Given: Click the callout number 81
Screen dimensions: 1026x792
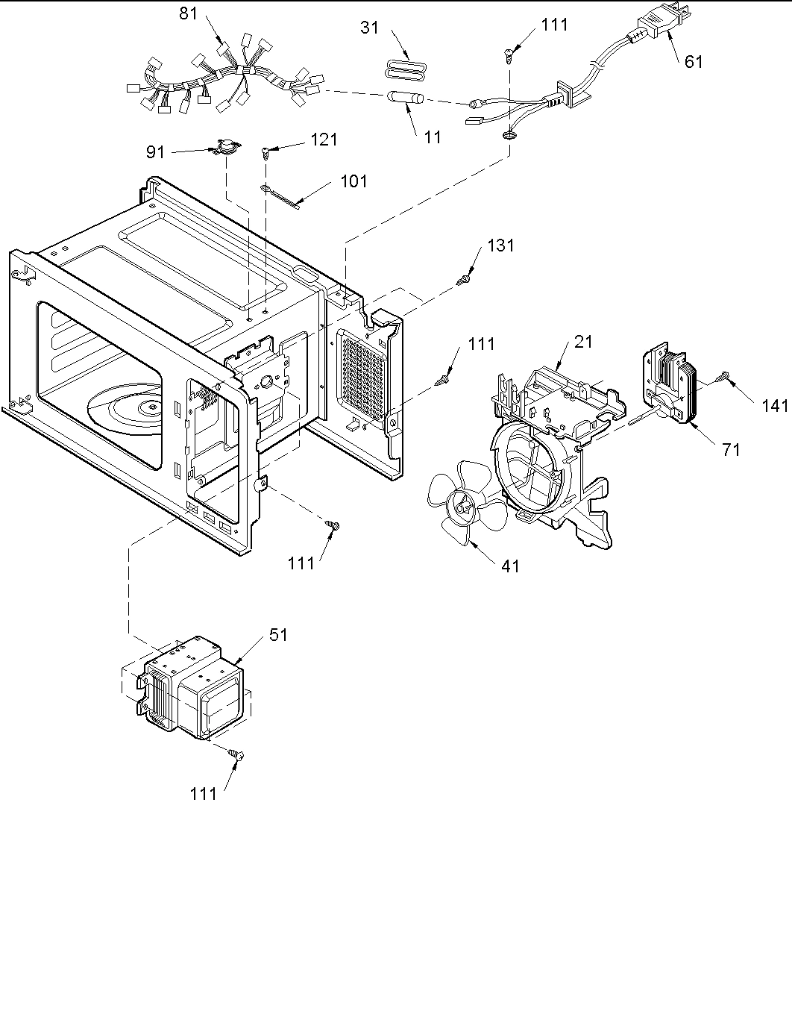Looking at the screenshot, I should [189, 13].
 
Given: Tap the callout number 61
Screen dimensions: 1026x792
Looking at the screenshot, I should [693, 61].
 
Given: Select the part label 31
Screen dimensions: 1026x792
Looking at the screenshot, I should [369, 28].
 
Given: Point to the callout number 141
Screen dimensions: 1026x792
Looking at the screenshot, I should [775, 405].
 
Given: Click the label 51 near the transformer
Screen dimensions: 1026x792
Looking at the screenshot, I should [277, 634].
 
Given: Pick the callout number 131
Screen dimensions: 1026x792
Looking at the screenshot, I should [500, 245].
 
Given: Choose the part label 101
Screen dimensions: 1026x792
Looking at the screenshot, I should [353, 181].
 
